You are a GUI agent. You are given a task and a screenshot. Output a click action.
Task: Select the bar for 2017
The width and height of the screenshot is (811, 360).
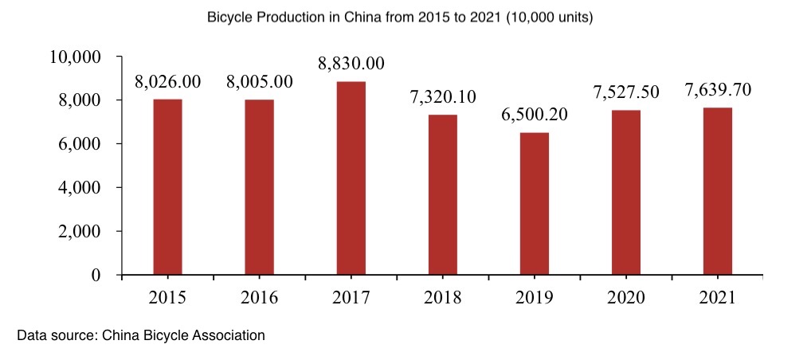click(351, 178)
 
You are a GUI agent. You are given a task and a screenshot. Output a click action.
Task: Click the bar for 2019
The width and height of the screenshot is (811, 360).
click(535, 203)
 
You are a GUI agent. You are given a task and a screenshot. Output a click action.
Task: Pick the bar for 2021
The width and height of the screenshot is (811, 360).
click(718, 191)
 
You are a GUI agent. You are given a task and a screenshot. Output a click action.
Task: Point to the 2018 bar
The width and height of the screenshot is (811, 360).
click(443, 194)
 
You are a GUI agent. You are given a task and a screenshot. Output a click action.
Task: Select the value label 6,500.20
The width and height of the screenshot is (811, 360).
click(535, 115)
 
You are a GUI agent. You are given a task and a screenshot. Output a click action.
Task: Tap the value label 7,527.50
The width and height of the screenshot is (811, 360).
click(625, 92)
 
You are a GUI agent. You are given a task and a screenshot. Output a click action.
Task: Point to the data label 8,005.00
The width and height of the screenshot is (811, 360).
click(259, 81)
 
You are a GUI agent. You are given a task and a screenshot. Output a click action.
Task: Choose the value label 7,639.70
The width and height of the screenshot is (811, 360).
click(718, 90)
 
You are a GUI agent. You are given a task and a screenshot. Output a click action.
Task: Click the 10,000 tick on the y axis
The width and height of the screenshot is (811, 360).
click(75, 57)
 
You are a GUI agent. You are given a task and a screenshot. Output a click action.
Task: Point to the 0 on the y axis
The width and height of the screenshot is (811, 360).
click(96, 276)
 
